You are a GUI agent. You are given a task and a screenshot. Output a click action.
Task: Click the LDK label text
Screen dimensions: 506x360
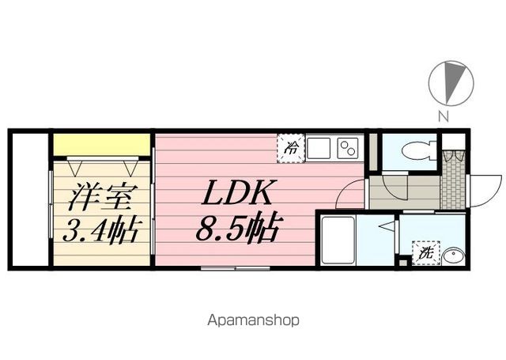[236, 192]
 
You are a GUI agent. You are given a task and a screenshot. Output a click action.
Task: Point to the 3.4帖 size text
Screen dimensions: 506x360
[100, 230]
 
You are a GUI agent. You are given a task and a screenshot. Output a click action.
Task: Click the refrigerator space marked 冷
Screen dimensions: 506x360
[291, 149]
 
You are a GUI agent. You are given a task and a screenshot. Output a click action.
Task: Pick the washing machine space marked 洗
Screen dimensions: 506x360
[426, 253]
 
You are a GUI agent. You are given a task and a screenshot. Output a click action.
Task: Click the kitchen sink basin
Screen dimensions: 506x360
[319, 148]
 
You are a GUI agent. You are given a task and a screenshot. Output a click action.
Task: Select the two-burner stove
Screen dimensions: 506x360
[348, 148]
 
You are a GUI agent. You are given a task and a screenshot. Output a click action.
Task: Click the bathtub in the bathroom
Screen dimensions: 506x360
[338, 239]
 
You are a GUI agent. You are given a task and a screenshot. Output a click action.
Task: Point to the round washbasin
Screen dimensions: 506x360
[454, 257]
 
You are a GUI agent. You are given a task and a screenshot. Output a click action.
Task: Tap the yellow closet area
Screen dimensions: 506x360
[102, 145]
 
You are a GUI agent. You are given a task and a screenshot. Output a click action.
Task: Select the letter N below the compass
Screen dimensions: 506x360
[444, 116]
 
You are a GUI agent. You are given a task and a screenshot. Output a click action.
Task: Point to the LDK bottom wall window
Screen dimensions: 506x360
[235, 268]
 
